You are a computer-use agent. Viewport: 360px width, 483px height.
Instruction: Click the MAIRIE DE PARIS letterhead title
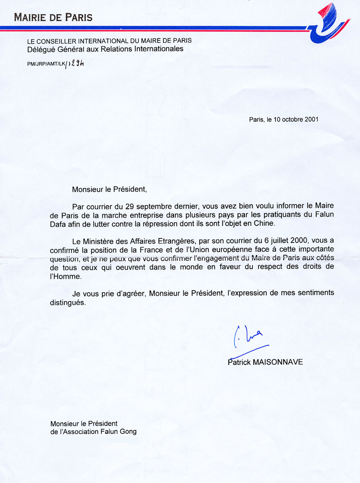click(x=53, y=17)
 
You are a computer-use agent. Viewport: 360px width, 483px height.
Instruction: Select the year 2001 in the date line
click(x=312, y=119)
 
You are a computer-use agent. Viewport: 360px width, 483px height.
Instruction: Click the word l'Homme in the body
click(x=65, y=276)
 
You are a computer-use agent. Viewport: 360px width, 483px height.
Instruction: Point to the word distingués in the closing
click(x=67, y=303)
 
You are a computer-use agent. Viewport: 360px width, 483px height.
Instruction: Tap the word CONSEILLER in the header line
click(x=56, y=41)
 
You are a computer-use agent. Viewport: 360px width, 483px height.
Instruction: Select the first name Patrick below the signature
click(x=239, y=362)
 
